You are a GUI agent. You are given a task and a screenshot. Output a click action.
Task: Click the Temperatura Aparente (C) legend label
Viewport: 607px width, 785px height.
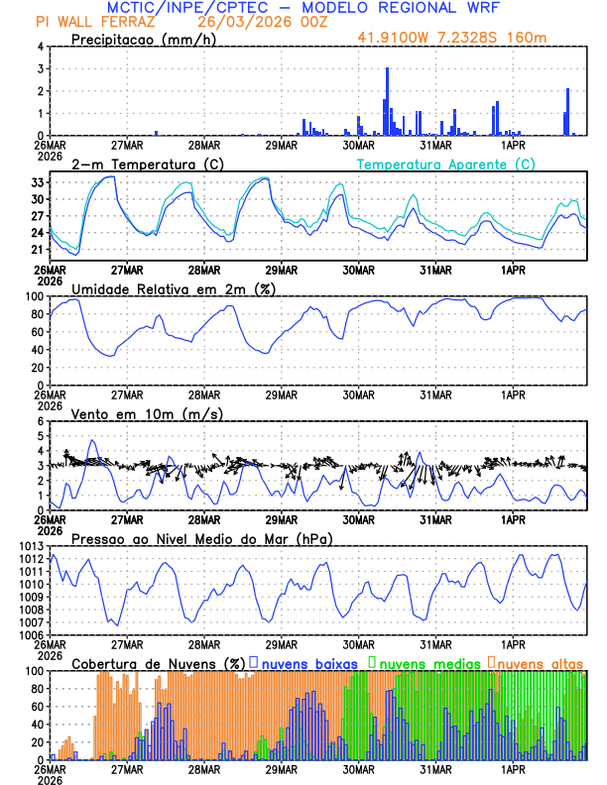446,164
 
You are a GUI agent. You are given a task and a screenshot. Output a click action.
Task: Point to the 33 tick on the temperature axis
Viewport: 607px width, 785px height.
39,183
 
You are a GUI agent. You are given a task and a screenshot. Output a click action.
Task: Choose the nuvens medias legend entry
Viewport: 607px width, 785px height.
421,662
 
